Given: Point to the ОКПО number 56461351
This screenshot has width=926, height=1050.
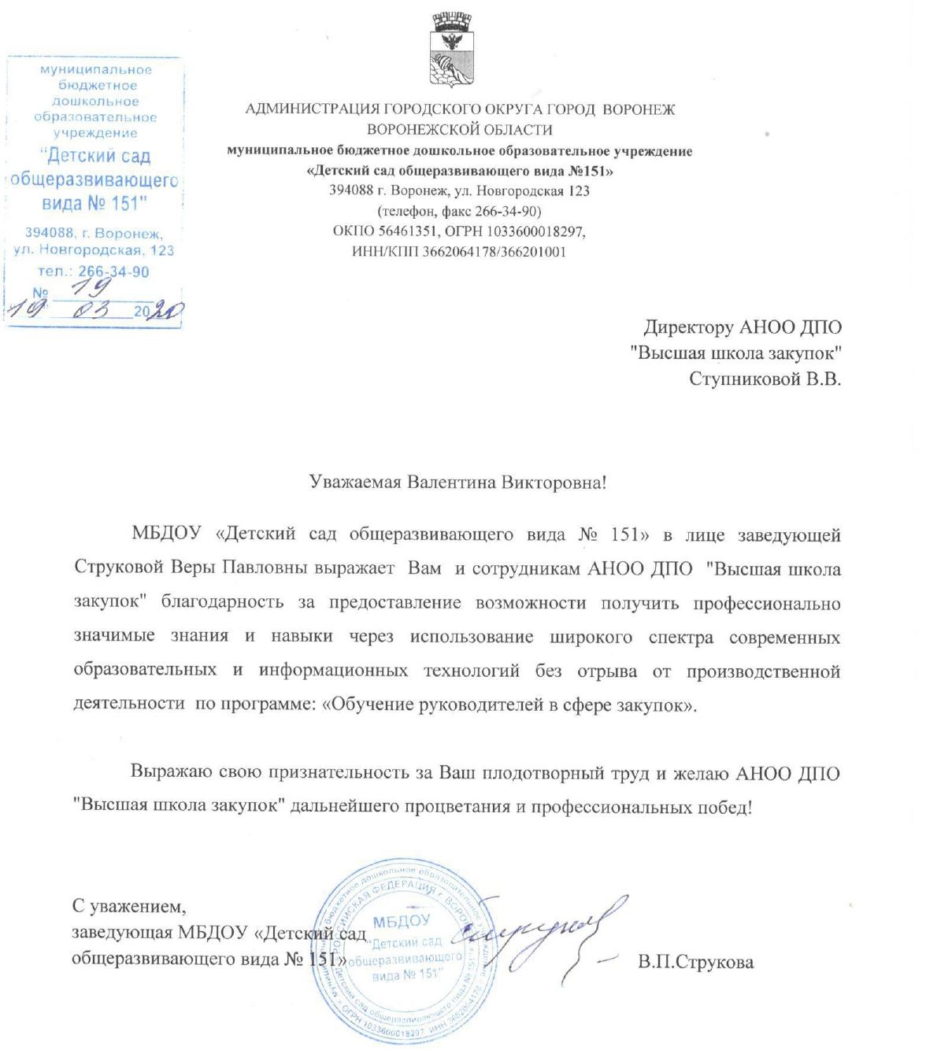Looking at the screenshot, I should [x=403, y=232].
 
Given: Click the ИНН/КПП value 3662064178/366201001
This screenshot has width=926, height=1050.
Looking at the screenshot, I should [x=494, y=253].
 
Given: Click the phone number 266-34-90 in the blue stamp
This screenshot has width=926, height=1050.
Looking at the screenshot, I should [x=113, y=272].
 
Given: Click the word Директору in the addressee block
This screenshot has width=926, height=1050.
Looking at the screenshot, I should [x=687, y=327].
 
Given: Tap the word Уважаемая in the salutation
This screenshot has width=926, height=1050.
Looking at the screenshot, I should [x=355, y=482].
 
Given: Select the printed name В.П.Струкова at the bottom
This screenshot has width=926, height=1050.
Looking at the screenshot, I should [x=696, y=962].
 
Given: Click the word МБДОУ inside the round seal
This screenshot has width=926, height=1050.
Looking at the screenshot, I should [x=402, y=922].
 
